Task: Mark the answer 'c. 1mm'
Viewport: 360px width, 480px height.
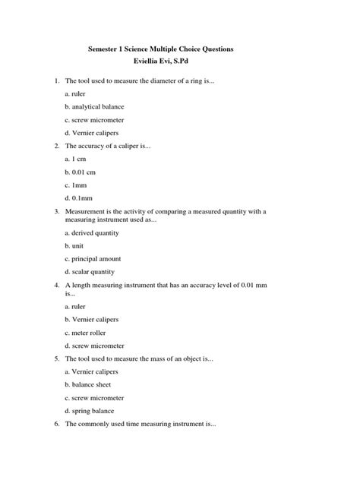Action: pos(77,185)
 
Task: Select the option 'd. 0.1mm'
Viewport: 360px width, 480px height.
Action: pos(80,199)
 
